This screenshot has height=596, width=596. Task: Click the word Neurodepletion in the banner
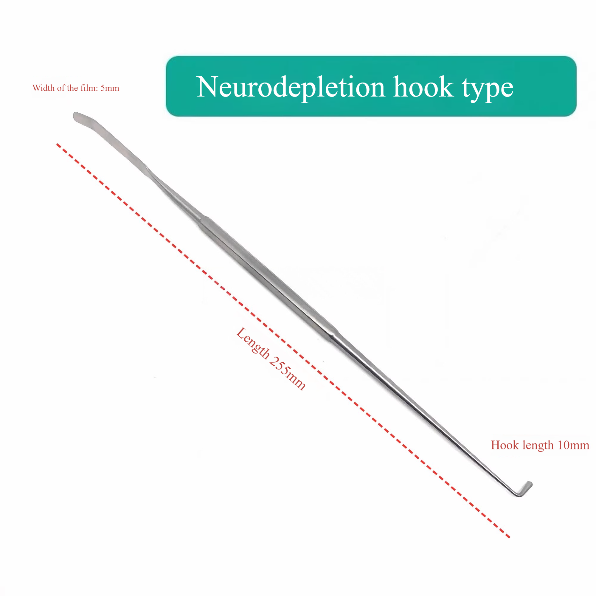[291, 87]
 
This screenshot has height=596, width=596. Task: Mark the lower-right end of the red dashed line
[509, 537]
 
